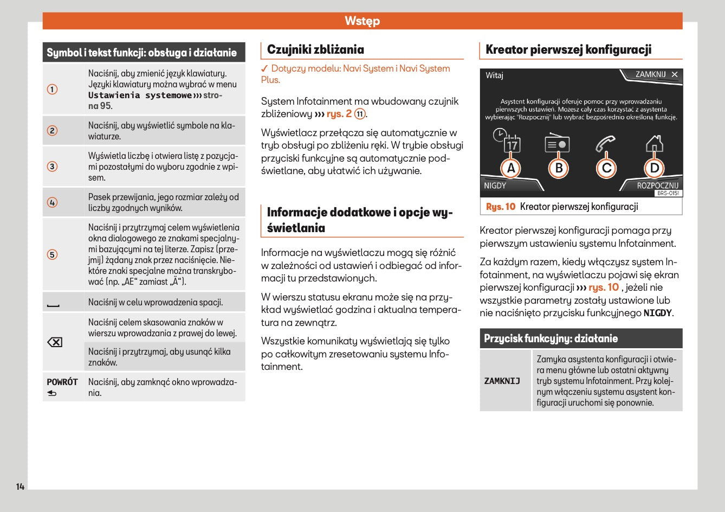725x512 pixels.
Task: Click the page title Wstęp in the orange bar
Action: pyautogui.click(x=362, y=21)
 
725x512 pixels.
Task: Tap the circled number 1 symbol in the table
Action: pyautogui.click(x=52, y=89)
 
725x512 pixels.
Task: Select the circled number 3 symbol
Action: pyautogui.click(x=52, y=167)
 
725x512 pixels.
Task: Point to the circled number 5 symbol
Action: pyautogui.click(x=52, y=254)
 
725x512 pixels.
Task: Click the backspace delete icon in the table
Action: pyautogui.click(x=55, y=342)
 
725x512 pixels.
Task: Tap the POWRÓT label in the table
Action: pyautogui.click(x=62, y=382)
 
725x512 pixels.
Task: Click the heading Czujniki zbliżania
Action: pyautogui.click(x=315, y=50)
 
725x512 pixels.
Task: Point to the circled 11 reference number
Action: pyautogui.click(x=360, y=114)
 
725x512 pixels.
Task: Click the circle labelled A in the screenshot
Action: pyautogui.click(x=511, y=169)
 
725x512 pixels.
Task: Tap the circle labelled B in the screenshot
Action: pyautogui.click(x=559, y=169)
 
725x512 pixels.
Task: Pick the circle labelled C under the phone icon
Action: pyautogui.click(x=606, y=169)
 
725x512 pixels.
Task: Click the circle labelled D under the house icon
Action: pyautogui.click(x=655, y=169)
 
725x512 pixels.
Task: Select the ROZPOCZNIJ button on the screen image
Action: pyautogui.click(x=657, y=185)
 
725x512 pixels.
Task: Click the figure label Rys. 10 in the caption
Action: pyautogui.click(x=501, y=207)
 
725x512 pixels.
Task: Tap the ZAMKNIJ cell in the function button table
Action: pyautogui.click(x=502, y=381)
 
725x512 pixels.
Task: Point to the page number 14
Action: pyautogui.click(x=20, y=487)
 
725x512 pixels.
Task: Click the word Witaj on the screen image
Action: pyautogui.click(x=494, y=75)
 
